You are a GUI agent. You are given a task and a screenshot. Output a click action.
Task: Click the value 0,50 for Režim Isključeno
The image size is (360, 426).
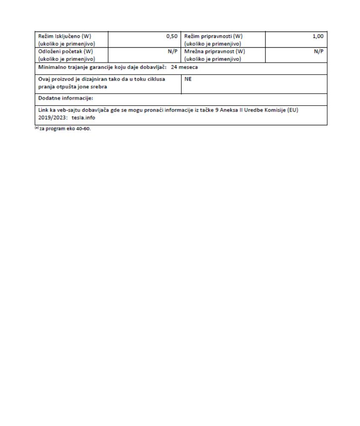[x=171, y=37]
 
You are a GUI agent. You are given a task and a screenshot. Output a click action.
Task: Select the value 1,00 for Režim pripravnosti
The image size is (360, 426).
[x=318, y=37]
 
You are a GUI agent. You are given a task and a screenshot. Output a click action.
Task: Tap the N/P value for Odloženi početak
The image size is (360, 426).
[x=172, y=52]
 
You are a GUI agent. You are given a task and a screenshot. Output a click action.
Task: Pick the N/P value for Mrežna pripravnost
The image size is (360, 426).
[x=319, y=52]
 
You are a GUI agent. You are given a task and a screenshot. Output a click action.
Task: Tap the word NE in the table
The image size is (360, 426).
[x=188, y=79]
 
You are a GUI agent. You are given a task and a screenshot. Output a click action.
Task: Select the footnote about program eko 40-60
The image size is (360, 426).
[x=63, y=129]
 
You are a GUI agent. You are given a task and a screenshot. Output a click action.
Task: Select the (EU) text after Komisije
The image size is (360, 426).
[x=293, y=110]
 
